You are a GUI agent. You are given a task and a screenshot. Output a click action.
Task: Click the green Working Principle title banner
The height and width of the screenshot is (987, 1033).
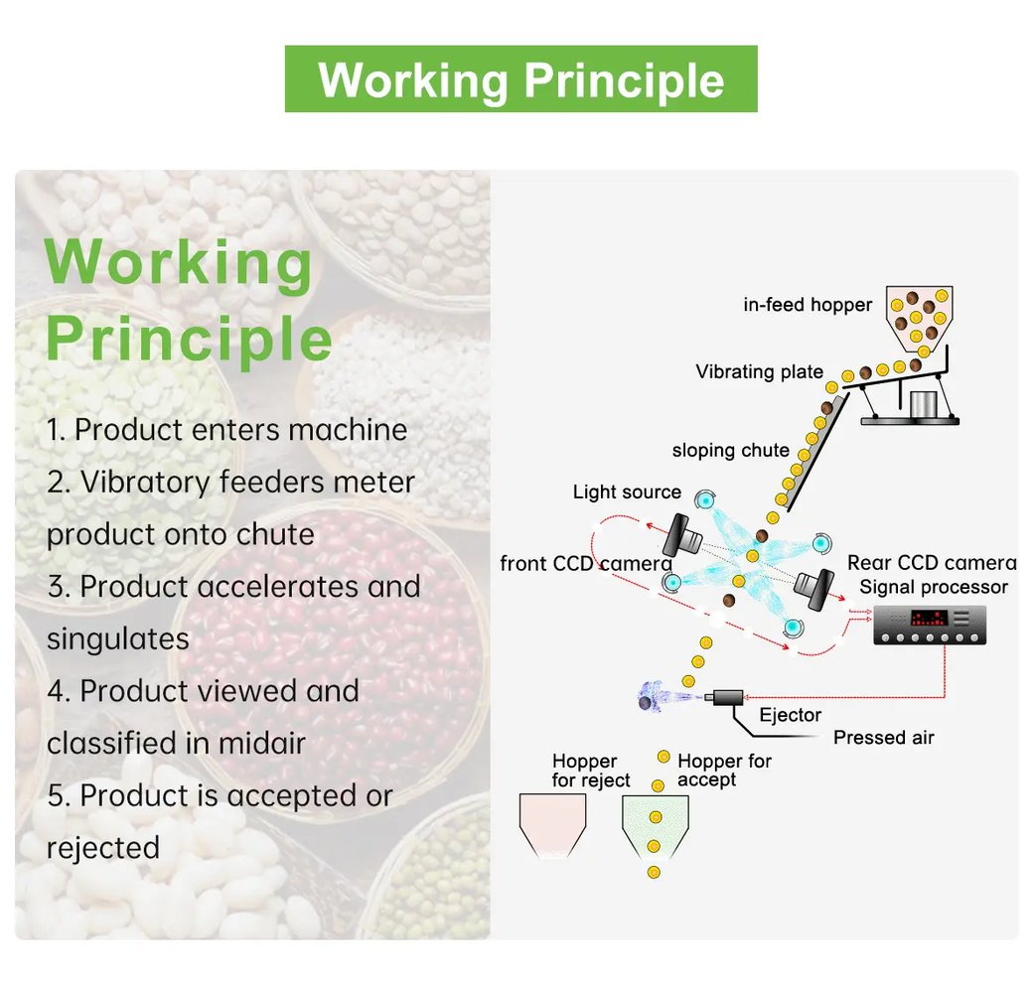[x=520, y=79]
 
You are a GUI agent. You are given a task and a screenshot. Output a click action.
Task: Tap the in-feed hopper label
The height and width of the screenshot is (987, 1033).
[x=807, y=305]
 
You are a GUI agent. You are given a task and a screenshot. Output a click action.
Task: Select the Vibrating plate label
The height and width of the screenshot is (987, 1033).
[x=759, y=372]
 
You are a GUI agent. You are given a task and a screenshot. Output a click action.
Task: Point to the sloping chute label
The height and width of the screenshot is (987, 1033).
[x=730, y=451]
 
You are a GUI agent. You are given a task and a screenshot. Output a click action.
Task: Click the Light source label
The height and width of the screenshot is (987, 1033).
[x=627, y=492]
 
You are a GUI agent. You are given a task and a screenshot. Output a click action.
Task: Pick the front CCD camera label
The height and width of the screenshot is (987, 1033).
[x=586, y=564]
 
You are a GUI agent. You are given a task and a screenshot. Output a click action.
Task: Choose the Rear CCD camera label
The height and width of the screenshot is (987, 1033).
[x=932, y=563]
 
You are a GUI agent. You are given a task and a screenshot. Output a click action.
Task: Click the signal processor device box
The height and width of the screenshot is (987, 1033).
[x=930, y=625]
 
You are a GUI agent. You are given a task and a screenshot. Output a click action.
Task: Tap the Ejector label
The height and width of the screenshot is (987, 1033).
[x=790, y=715]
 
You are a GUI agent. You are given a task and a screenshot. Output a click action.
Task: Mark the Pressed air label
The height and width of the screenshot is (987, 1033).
[x=883, y=738]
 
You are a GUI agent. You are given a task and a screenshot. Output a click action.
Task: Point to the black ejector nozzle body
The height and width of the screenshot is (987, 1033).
[x=726, y=697]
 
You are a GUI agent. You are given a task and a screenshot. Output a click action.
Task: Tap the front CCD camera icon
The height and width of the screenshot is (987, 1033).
[x=683, y=535]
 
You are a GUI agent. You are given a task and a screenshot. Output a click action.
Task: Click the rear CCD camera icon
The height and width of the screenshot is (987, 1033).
[x=814, y=588]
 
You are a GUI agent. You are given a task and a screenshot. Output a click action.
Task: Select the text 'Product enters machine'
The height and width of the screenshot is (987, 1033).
[x=240, y=430]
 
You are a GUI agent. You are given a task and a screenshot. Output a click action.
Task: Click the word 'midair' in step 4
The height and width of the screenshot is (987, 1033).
[x=261, y=744]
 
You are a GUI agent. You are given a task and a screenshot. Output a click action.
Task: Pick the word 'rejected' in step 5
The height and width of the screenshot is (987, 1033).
[x=103, y=848]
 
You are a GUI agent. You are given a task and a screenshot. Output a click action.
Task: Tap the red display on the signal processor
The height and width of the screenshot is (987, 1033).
[x=929, y=619]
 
